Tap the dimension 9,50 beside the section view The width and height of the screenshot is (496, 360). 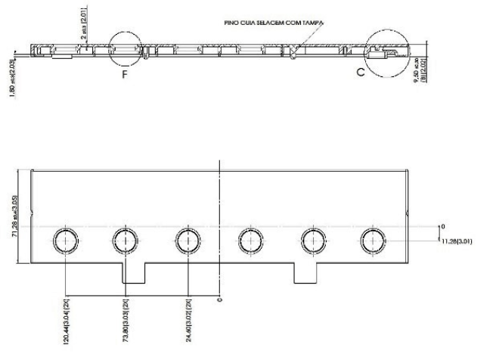[x=428, y=67]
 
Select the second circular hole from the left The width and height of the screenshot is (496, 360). [x=126, y=241]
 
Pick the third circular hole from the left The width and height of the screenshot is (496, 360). [x=187, y=241]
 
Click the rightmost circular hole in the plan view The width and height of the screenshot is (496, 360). [x=372, y=241]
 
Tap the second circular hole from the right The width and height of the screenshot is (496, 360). [x=311, y=241]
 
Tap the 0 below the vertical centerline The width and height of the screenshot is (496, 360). [x=219, y=299]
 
